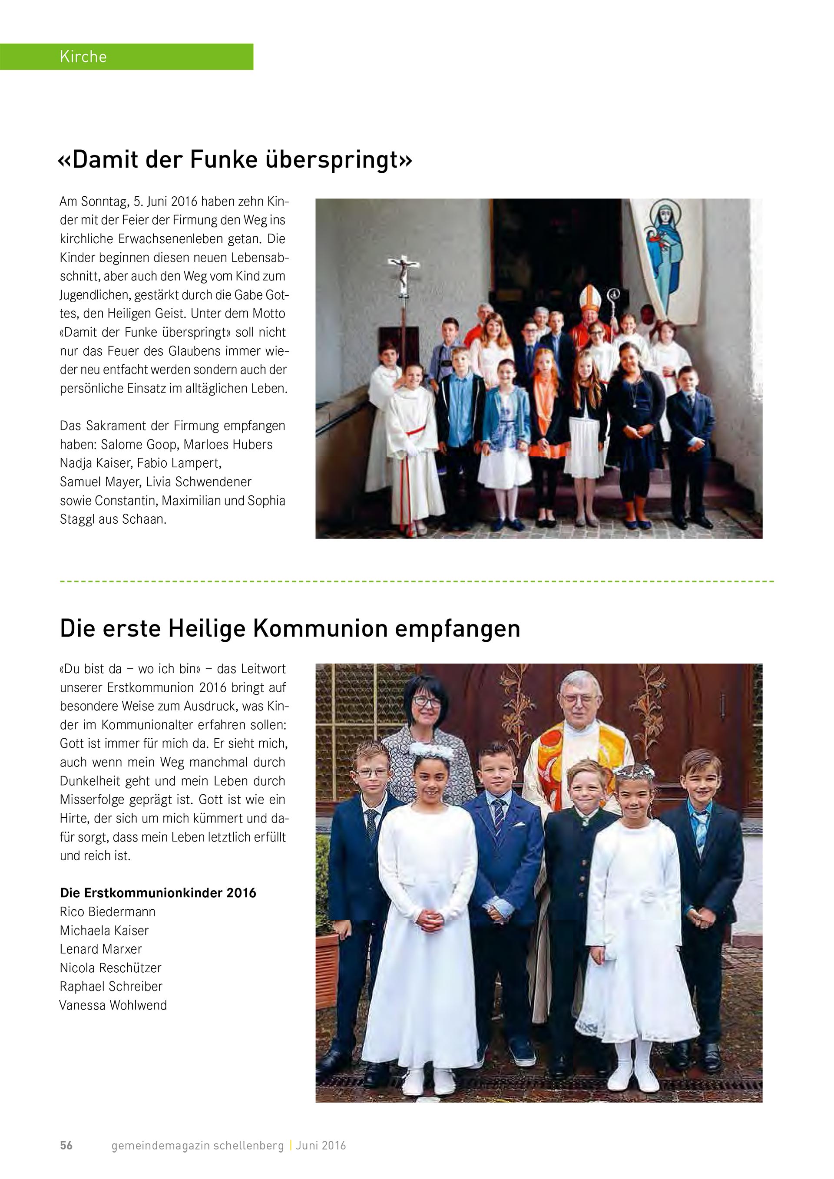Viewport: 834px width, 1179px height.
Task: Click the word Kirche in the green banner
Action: [83, 56]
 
